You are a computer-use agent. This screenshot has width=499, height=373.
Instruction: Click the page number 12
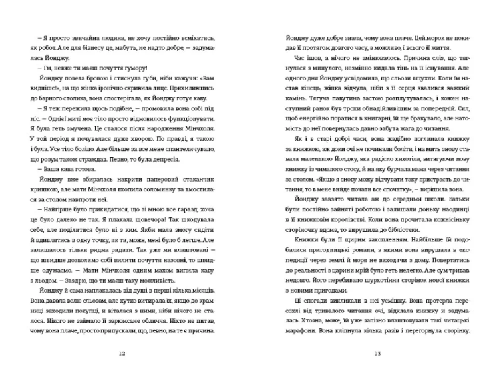click(x=120, y=353)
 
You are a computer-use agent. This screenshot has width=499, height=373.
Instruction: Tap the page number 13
click(x=377, y=353)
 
